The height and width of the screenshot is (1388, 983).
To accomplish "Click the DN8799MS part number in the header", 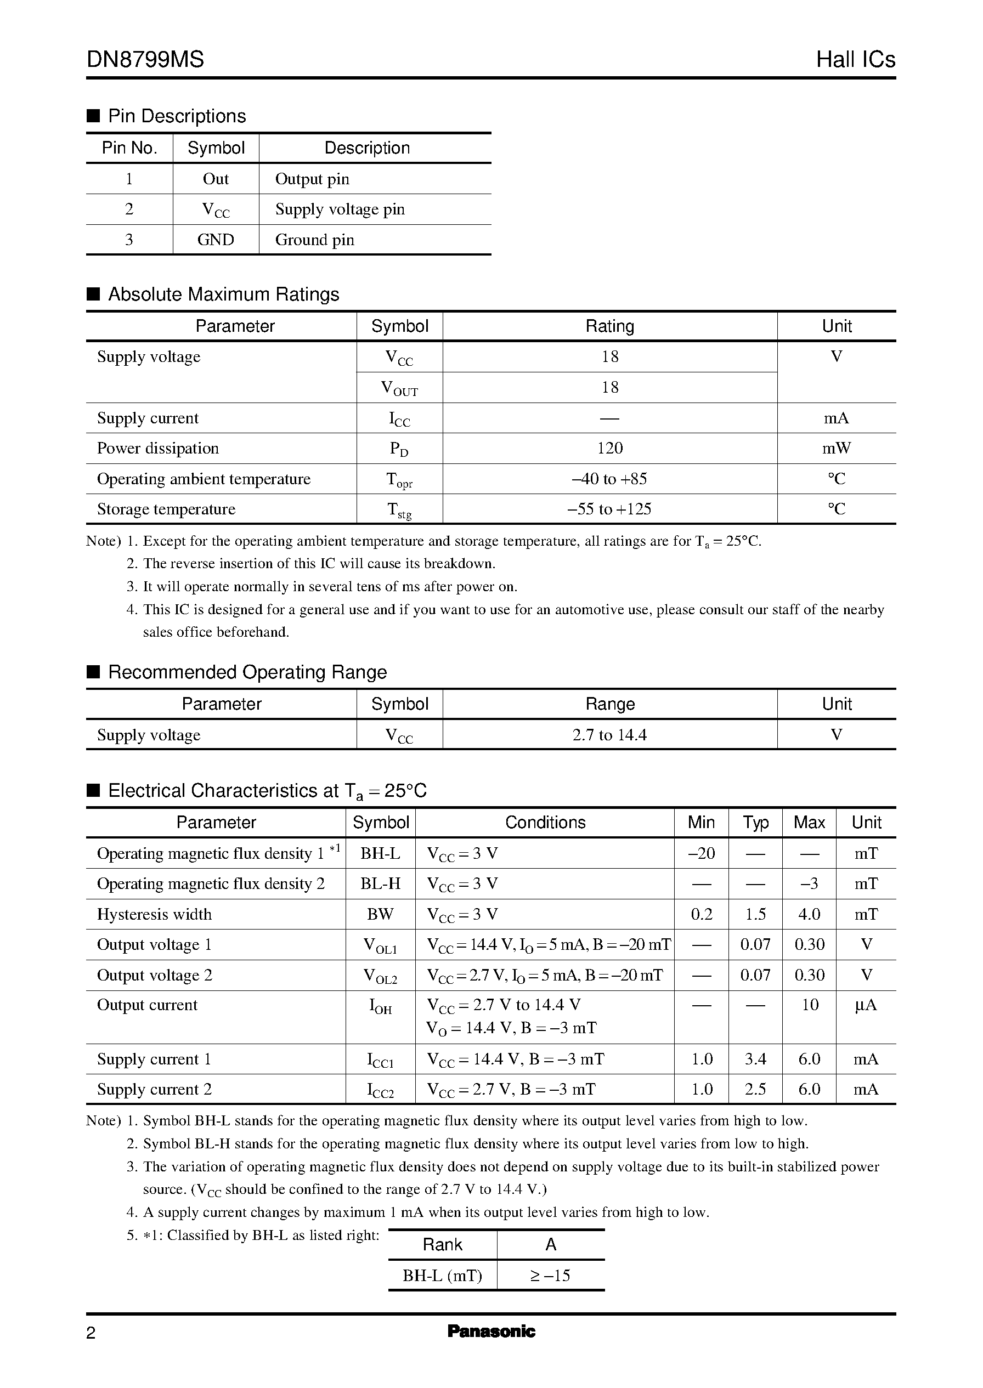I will (x=145, y=59).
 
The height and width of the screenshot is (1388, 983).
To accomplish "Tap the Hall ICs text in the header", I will (x=855, y=59).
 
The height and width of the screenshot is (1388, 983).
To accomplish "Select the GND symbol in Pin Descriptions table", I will (x=216, y=240).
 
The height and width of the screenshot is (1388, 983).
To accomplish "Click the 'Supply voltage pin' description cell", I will (x=340, y=209).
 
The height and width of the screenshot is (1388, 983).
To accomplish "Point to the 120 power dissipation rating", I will (x=609, y=449).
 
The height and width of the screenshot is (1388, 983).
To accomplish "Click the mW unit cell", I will (x=836, y=449).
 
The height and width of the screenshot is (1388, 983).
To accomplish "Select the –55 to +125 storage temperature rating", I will (x=609, y=509).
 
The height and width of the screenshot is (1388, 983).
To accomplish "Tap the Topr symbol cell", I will (x=399, y=479).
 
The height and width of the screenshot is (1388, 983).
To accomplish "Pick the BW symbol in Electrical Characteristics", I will (x=380, y=914).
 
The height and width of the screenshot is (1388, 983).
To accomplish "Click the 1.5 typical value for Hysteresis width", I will (x=755, y=914).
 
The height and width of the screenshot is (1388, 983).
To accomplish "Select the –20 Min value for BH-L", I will (x=702, y=853).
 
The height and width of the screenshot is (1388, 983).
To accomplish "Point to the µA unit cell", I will (x=866, y=1005).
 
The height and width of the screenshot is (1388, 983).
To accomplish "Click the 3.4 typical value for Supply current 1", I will (x=755, y=1059).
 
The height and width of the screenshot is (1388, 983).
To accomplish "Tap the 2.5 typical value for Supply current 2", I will (x=755, y=1089).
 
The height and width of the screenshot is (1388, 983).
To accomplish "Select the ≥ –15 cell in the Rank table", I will (x=550, y=1276).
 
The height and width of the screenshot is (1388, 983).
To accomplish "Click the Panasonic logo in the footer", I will (x=491, y=1331).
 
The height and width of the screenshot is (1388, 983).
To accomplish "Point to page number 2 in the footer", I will (x=91, y=1333).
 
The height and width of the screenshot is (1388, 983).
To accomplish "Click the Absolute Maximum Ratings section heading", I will (x=223, y=294).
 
